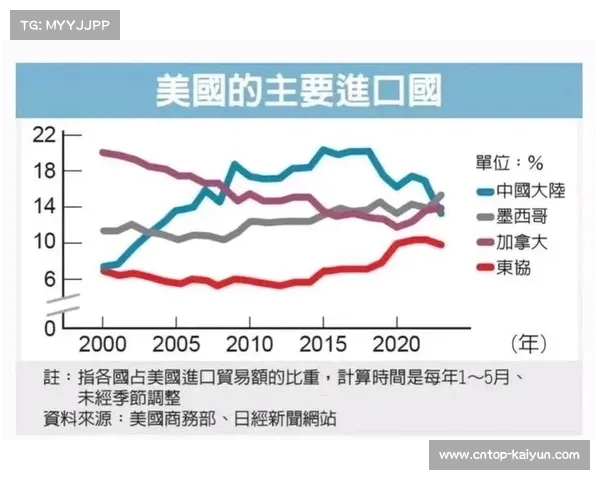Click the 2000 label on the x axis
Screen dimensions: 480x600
103,344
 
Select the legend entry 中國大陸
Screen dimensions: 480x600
520,189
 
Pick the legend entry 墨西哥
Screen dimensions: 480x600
513,215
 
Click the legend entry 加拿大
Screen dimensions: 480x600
513,241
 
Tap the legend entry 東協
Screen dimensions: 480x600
505,267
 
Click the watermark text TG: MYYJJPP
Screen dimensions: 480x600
63,24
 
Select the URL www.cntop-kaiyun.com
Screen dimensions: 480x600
509,455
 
